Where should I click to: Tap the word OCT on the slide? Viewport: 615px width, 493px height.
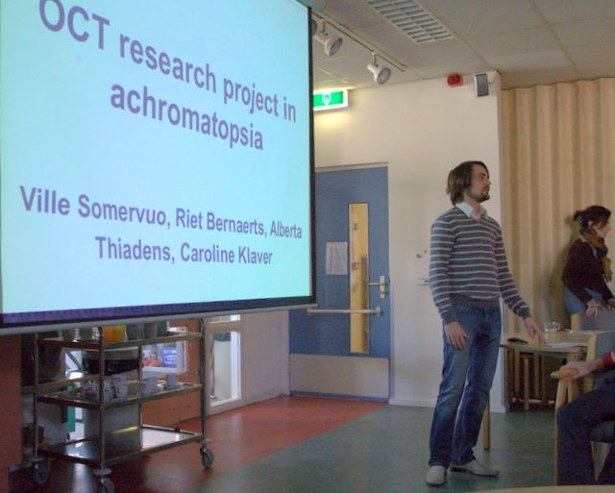75,24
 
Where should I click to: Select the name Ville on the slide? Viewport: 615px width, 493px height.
45,201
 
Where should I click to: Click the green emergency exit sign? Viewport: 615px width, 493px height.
331,100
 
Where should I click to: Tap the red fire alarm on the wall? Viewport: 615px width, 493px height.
455,80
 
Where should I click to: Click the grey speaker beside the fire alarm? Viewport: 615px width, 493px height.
482,84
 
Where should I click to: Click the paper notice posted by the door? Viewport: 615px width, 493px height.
336,258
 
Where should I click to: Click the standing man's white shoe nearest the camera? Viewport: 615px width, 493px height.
436,475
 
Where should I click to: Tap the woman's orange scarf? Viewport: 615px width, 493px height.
597,248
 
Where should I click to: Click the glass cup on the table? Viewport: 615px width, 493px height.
552,327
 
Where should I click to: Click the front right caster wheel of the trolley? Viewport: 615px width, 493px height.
207,456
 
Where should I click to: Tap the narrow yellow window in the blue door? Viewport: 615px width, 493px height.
358,278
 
